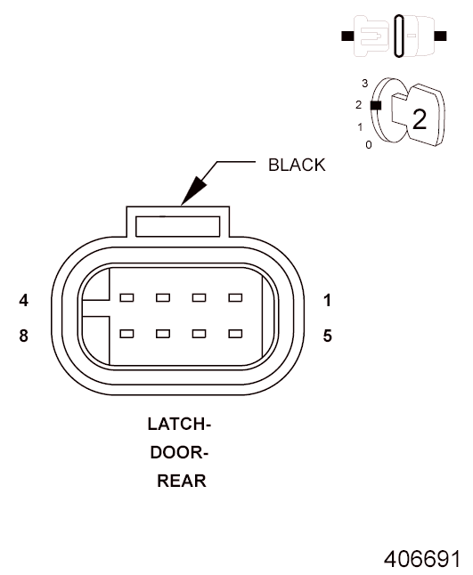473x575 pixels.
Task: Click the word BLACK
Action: point(297,165)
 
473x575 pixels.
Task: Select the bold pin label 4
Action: point(24,300)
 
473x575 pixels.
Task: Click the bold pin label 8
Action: point(24,336)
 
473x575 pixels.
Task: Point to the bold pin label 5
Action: point(327,336)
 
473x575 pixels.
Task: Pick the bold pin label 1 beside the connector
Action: point(327,300)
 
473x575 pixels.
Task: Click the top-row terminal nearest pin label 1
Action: point(235,297)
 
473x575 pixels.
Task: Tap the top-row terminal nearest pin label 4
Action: point(126,297)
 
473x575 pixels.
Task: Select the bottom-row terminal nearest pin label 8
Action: point(126,333)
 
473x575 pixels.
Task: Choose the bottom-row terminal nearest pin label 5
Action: point(235,333)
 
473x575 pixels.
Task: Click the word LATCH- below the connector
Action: point(179,425)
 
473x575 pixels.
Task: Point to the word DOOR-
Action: point(179,453)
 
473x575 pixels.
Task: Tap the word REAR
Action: point(182,481)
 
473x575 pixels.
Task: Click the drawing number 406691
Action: point(422,559)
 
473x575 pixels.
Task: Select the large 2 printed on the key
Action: point(420,119)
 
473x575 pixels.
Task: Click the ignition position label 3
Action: point(364,84)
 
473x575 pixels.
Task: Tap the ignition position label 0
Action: point(369,145)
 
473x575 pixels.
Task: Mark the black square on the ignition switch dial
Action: point(376,106)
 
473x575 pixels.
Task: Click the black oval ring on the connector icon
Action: point(399,36)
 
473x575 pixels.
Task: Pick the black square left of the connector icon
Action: point(347,36)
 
